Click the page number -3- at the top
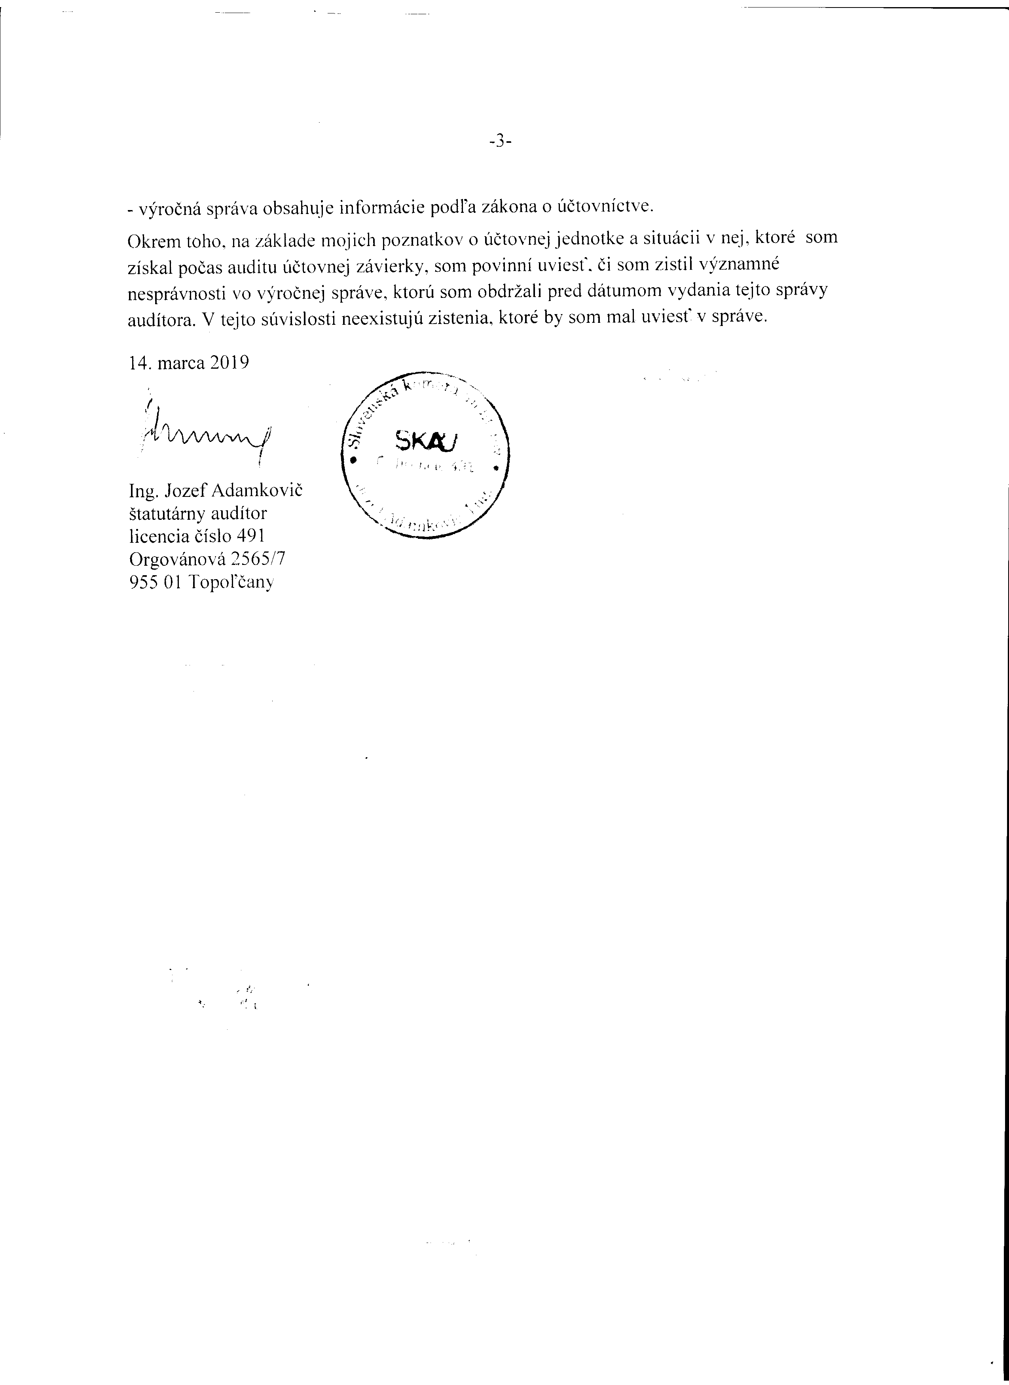pos(500,142)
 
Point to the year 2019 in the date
pos(229,363)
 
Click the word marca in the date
pos(181,363)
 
